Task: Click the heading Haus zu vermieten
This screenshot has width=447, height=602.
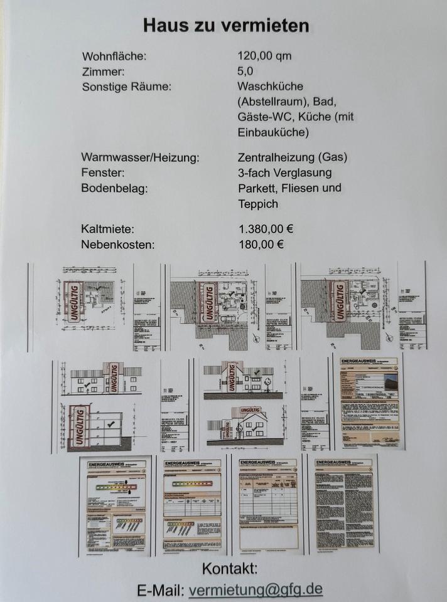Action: tap(226, 26)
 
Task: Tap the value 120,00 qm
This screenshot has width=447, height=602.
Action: tap(265, 56)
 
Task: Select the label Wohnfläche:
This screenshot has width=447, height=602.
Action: tap(114, 56)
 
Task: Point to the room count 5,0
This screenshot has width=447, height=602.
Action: tap(245, 71)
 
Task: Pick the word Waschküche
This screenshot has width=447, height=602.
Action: tap(270, 87)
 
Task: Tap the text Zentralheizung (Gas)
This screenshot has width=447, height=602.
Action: tap(293, 157)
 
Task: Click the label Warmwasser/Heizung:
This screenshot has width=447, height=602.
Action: tap(141, 157)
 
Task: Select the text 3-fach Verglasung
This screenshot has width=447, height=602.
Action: tap(285, 172)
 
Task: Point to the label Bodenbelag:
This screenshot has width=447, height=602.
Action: tap(115, 188)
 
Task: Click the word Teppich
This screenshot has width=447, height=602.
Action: tap(257, 204)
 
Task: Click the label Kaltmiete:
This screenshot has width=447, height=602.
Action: tap(107, 230)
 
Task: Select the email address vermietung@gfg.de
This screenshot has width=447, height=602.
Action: tap(256, 589)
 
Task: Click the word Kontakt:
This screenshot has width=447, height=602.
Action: tap(230, 569)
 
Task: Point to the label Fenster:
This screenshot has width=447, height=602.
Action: tap(103, 172)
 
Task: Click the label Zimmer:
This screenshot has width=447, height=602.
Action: tap(104, 71)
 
